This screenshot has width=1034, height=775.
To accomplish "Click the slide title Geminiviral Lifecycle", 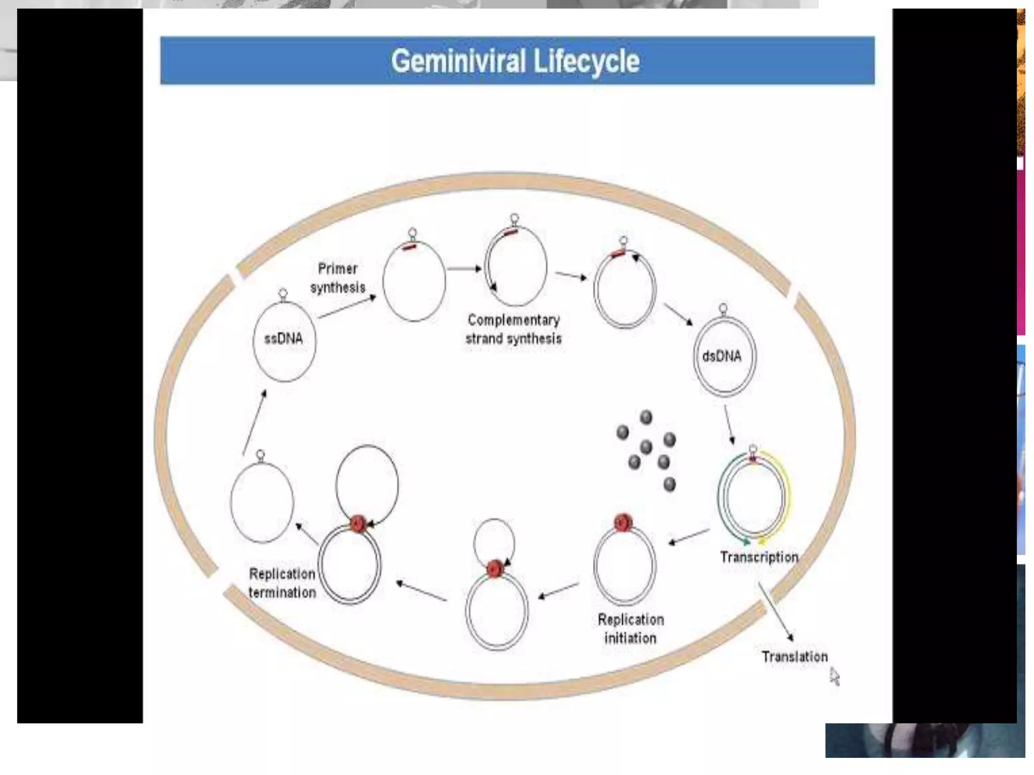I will click(515, 61).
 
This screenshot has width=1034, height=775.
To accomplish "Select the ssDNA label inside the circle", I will click(284, 338).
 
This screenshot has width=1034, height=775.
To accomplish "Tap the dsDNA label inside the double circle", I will click(721, 356).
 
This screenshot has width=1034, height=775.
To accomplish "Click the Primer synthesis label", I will click(338, 278).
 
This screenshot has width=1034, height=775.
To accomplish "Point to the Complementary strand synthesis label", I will click(513, 329).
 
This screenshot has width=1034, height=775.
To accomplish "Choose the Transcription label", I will click(759, 557).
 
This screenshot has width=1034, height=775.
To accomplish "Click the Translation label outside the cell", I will click(795, 656).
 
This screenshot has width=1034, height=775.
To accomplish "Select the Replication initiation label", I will click(631, 629).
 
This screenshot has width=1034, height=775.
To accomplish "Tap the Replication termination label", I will click(282, 583).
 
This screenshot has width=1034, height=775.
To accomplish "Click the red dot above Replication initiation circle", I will click(624, 523).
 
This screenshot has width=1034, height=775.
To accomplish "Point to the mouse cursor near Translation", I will click(834, 676).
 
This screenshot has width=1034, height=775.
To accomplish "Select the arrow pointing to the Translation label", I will click(776, 612).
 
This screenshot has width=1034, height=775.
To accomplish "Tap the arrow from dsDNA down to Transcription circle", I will click(729, 425).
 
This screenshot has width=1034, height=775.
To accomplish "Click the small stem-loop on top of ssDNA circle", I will click(283, 294).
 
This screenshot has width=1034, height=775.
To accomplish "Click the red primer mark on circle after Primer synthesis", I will click(409, 247).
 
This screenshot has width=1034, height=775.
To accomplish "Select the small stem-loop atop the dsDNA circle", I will click(723, 309).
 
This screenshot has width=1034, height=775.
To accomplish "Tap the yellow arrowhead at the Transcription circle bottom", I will click(762, 541).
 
